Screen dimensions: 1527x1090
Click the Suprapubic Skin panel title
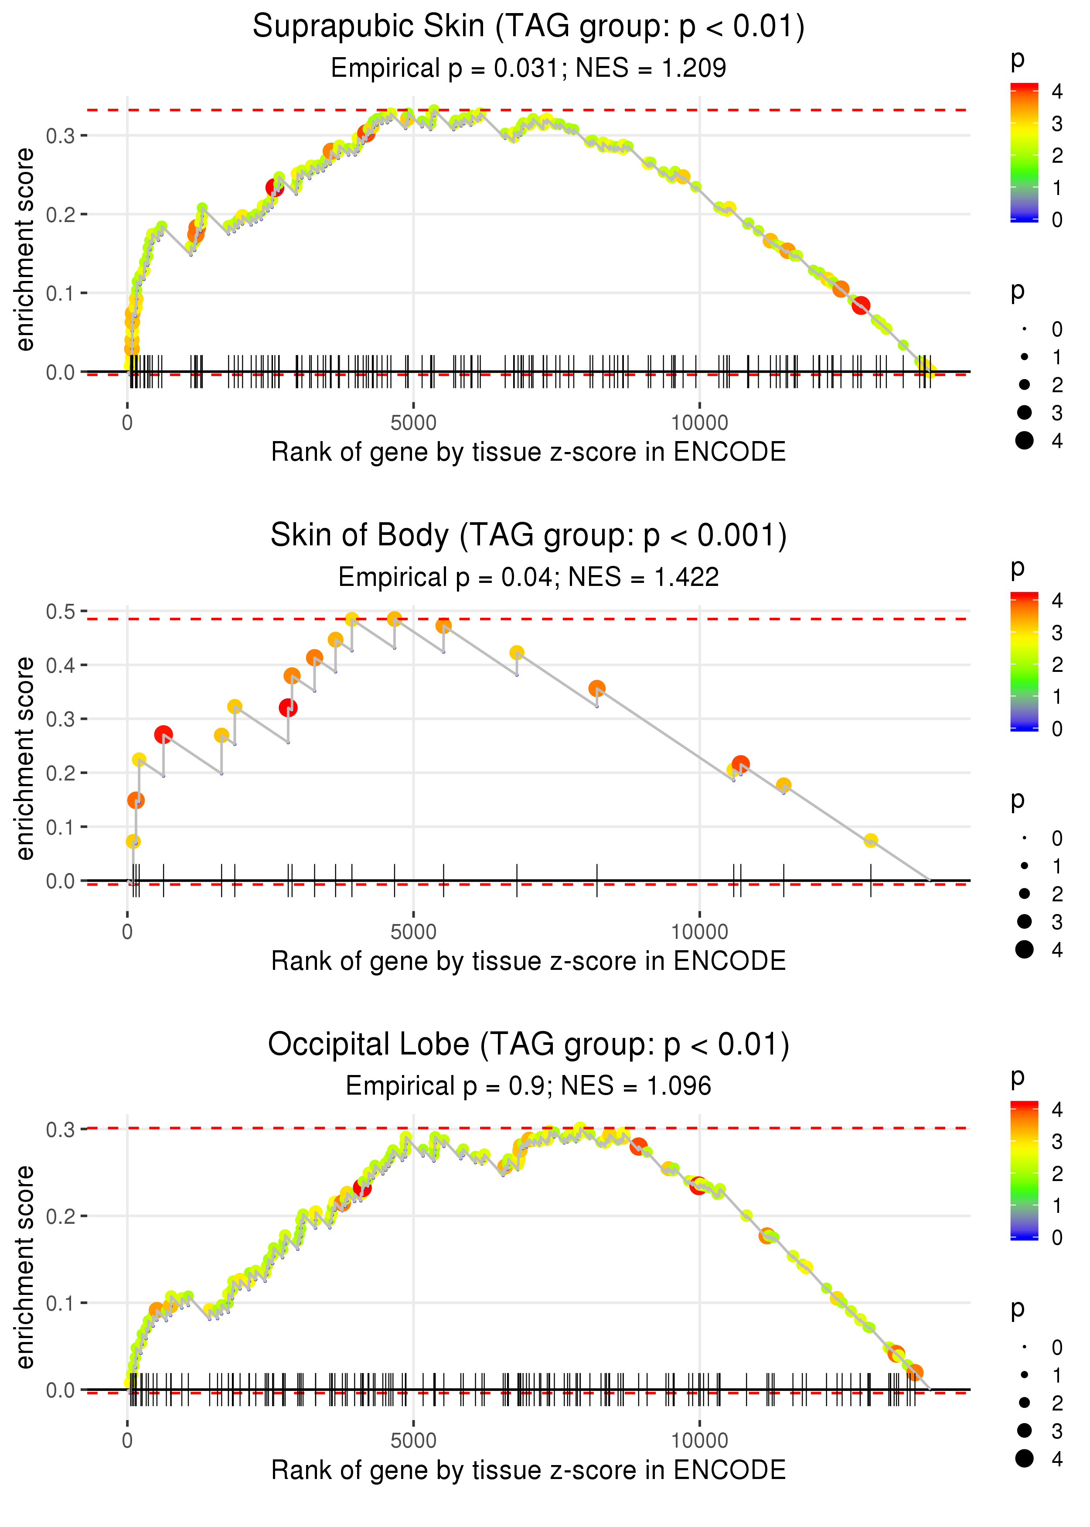(x=528, y=27)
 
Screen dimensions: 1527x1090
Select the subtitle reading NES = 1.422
(x=643, y=577)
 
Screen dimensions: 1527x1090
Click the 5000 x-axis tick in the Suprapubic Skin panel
(x=413, y=423)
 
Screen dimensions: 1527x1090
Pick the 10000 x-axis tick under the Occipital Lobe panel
(x=699, y=1440)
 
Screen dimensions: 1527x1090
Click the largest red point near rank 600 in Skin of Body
(x=163, y=735)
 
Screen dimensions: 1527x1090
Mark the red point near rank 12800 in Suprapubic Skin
(x=861, y=305)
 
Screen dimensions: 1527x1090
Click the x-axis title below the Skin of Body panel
(x=528, y=961)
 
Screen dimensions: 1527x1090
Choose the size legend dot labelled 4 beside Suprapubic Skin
(x=1024, y=441)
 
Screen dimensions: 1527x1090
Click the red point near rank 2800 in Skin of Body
(x=288, y=708)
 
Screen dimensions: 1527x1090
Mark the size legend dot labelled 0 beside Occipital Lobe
(x=1024, y=1347)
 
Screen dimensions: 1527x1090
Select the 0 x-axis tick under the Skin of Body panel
(x=127, y=932)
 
